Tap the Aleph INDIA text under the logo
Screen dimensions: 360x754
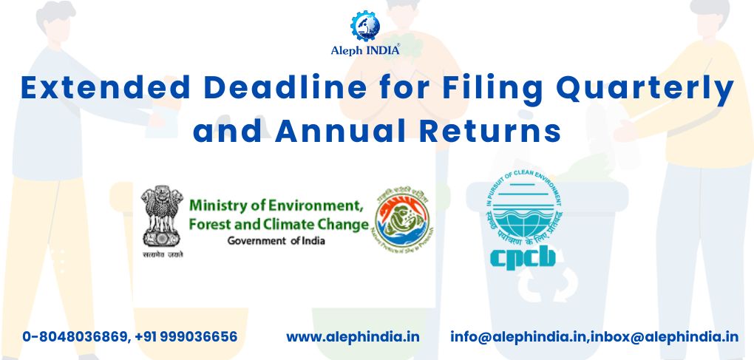click(365, 51)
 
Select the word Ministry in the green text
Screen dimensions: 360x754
click(219, 206)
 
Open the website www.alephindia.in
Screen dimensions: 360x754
click(353, 337)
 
